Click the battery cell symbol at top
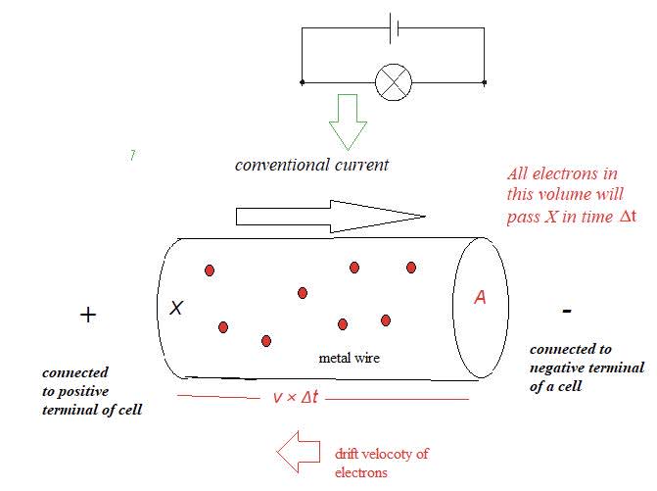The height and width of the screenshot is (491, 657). [394, 27]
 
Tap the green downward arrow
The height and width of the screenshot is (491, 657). [348, 123]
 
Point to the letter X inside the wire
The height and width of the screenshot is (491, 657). [176, 308]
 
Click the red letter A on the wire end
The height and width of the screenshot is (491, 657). [480, 298]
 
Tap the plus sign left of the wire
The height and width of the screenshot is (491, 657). [88, 315]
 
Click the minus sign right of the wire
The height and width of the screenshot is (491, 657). [567, 311]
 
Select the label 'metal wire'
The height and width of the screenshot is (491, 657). [350, 359]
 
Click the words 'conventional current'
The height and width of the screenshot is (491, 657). [311, 165]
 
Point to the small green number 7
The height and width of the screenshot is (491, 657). [132, 156]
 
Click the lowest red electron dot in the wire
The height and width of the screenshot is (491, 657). [265, 341]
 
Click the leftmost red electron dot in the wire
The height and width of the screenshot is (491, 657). [209, 270]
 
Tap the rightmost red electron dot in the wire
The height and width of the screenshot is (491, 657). [411, 267]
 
